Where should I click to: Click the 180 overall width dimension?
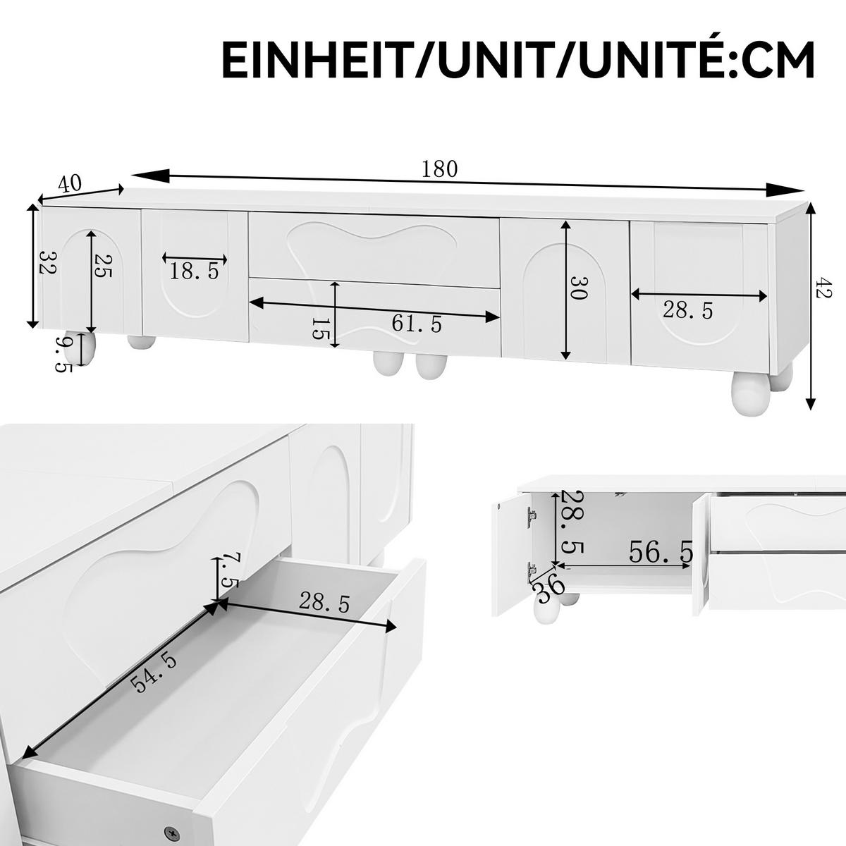coord(440,169)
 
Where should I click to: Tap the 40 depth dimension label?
coord(69,184)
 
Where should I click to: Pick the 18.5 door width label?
coord(195,270)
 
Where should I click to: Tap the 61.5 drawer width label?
coord(417,324)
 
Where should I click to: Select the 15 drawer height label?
coord(319,328)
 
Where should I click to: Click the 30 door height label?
coord(577,289)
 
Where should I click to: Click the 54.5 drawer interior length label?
coord(154,674)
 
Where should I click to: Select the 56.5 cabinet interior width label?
coord(660,553)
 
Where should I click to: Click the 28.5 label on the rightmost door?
coord(688,309)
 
